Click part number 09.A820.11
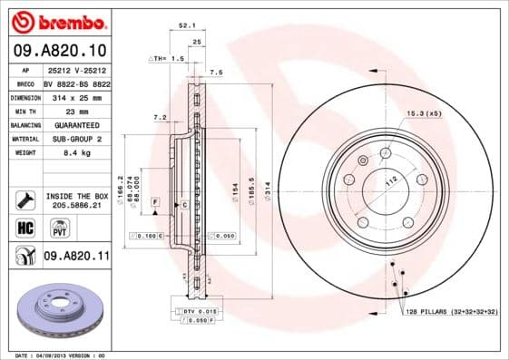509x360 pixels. (x=76, y=258)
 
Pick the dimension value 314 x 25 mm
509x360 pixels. (x=75, y=95)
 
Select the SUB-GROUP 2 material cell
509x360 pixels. (x=75, y=139)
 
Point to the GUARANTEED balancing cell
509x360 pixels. (x=75, y=124)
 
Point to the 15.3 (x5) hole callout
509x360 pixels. (x=423, y=113)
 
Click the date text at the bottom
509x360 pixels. (x=62, y=355)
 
